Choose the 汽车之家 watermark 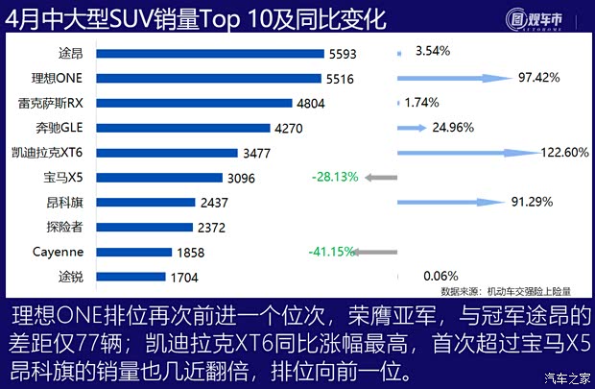[566, 377]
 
